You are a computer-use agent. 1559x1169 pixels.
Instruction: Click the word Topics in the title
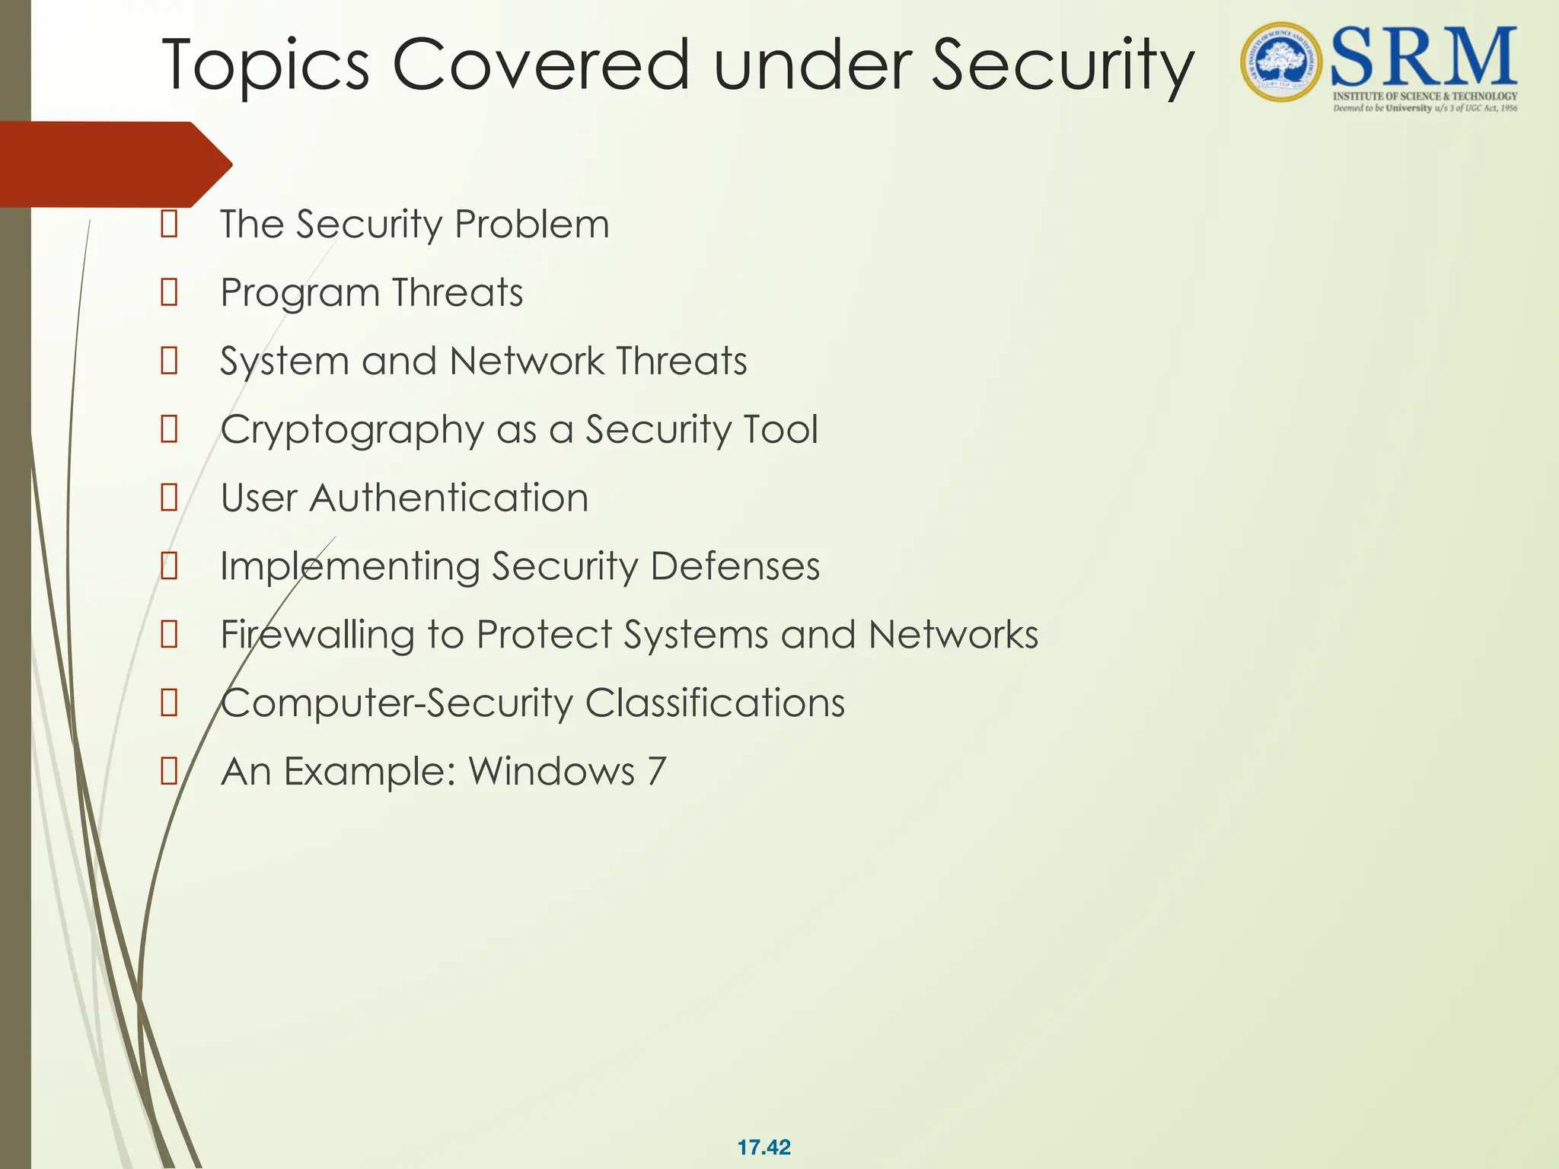pos(266,67)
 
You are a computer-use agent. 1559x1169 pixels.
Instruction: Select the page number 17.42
pos(764,1147)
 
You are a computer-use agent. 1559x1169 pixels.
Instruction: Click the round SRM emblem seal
pos(1283,62)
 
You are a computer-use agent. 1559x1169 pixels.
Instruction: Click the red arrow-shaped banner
pos(114,164)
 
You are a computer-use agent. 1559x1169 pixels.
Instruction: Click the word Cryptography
pos(352,431)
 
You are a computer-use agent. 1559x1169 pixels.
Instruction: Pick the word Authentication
pos(448,498)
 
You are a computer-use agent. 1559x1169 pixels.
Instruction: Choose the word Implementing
pos(349,568)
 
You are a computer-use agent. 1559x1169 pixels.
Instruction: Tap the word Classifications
pos(715,703)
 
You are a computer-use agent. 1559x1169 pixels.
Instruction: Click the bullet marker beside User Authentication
pos(169,498)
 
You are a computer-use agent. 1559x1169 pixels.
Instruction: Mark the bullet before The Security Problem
pos(169,225)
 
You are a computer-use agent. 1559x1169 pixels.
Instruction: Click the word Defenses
pos(735,567)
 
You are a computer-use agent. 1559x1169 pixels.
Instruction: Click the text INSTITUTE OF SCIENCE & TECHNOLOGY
pos(1424,96)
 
